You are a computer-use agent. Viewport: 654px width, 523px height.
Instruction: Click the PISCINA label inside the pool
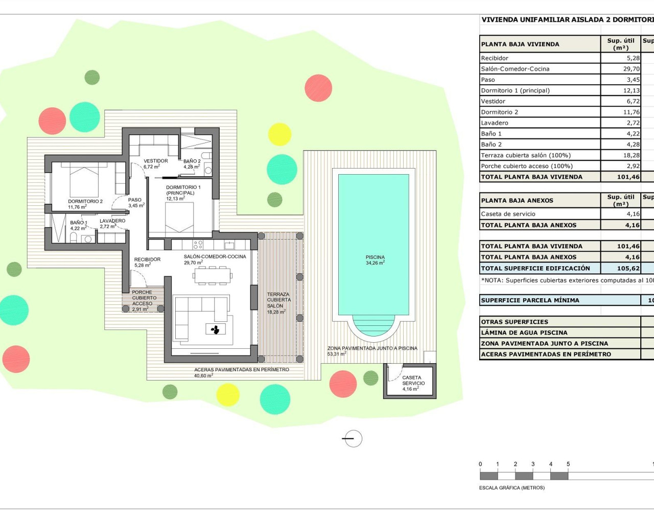[375, 257]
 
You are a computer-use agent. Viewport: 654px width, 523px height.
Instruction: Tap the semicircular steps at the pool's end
[373, 324]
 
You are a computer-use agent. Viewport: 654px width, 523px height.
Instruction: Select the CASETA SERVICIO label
[413, 381]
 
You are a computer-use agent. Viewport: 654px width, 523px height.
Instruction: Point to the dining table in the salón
[212, 276]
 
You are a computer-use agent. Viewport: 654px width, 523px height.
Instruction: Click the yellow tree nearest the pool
[279, 134]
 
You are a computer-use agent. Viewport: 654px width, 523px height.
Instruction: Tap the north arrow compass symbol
[353, 438]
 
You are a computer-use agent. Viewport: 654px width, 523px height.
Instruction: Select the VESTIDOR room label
[155, 161]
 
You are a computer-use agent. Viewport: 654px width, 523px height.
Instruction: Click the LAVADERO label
[112, 221]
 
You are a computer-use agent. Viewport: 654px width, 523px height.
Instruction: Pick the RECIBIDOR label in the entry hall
[147, 259]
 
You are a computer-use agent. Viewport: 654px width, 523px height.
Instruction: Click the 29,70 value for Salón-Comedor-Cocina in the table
[631, 69]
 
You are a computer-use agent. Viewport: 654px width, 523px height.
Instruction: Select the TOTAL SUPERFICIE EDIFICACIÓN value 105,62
[628, 268]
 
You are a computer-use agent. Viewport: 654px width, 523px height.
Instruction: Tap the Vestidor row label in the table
[493, 101]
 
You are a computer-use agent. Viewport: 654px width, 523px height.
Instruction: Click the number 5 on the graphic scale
[568, 464]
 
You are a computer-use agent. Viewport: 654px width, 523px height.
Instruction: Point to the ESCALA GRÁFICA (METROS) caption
[511, 488]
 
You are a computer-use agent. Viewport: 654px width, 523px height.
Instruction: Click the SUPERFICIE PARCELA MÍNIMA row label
[530, 300]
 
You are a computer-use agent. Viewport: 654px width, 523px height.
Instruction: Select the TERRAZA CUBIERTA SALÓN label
[278, 300]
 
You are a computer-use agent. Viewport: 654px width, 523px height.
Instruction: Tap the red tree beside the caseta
[343, 384]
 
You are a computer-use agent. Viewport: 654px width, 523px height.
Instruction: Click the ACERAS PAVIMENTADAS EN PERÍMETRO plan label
[241, 369]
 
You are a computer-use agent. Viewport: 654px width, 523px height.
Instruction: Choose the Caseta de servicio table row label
[508, 214]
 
